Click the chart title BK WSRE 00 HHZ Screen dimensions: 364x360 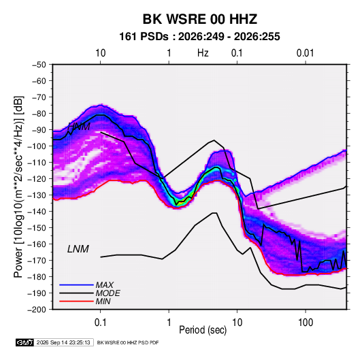point(200,19)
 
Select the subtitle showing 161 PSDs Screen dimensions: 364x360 point(199,37)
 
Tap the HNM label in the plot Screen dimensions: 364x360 point(79,127)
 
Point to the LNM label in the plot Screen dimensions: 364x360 point(78,249)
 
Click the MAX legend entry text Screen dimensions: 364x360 point(105,285)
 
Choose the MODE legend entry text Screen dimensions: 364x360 point(108,293)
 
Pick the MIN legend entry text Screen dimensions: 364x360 point(103,301)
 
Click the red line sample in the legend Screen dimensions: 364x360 point(76,301)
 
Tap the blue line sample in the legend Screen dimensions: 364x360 point(76,285)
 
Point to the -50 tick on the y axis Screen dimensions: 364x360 point(39,65)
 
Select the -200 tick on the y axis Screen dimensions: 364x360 point(37,310)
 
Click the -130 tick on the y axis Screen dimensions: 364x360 point(37,195)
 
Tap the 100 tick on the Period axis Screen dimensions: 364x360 point(305,323)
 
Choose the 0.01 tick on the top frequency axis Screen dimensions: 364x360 point(305,53)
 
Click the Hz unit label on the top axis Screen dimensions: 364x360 point(203,53)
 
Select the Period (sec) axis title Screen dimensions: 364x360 point(203,330)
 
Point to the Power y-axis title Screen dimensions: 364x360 point(18,186)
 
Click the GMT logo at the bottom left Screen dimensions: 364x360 point(25,342)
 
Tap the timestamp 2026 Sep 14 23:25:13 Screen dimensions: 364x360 point(63,342)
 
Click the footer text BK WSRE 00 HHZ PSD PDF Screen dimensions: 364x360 point(128,342)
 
